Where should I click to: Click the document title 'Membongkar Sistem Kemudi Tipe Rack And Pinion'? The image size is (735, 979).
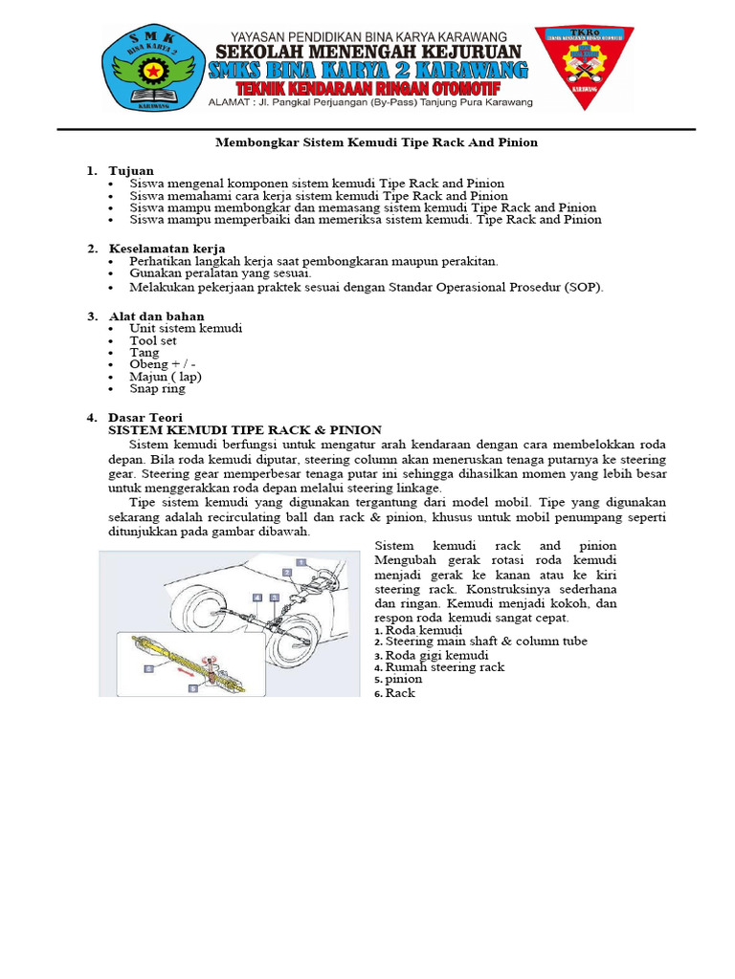coord(374,142)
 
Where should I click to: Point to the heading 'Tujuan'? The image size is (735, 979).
coord(130,170)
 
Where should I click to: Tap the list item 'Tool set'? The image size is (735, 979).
coord(153,340)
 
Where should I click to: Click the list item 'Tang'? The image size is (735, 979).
coord(145,353)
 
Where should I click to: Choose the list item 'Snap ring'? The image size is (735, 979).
coord(158,389)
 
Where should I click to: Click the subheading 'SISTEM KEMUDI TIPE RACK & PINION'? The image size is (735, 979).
coord(245,430)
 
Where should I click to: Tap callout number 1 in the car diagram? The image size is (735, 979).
coord(301,563)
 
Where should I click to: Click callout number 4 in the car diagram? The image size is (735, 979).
coord(256,598)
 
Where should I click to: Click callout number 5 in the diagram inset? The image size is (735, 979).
coord(192,686)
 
